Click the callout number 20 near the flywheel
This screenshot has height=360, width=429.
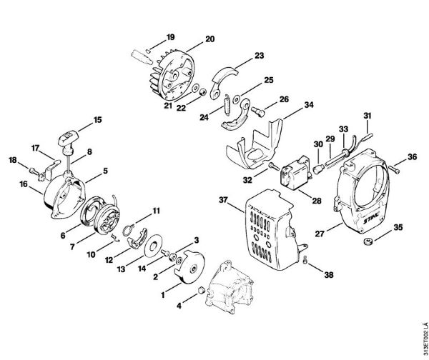pos(189,39)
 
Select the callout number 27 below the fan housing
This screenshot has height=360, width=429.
pos(322,232)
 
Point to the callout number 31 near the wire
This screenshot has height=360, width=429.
pos(367,116)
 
